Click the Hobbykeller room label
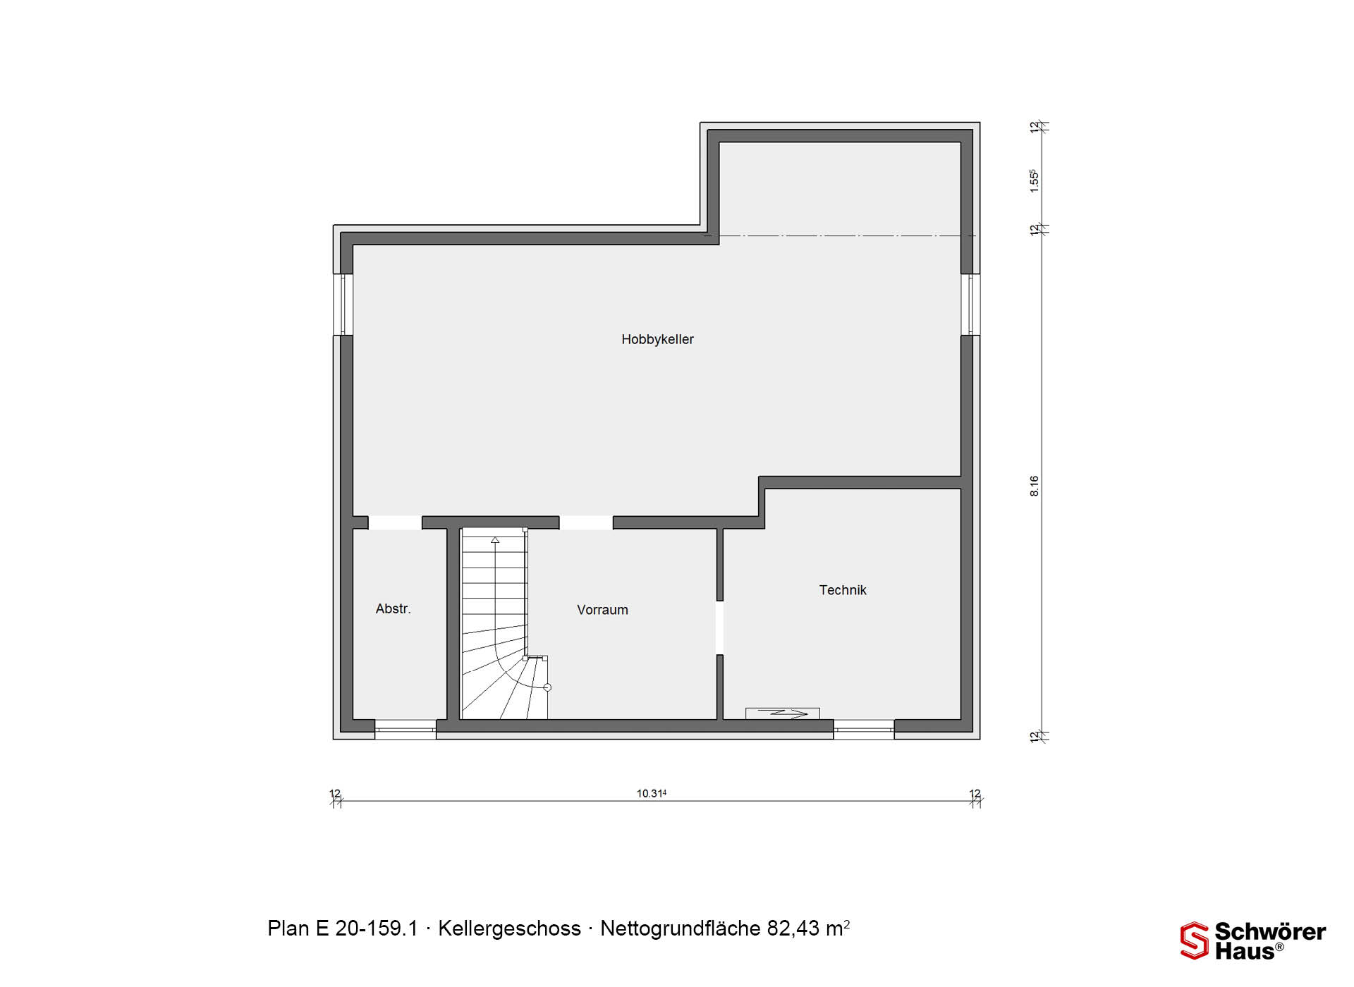[x=657, y=340]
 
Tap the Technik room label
[x=843, y=590]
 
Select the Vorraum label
[x=602, y=610]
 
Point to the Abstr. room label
[x=393, y=608]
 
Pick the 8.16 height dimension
[x=1034, y=486]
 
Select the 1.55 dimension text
[x=1034, y=180]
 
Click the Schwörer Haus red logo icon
[x=1195, y=940]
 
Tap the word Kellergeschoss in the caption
[x=509, y=928]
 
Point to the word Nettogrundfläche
[x=681, y=928]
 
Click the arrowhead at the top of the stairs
[x=495, y=540]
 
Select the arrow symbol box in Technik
[x=783, y=713]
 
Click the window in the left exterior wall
[x=343, y=305]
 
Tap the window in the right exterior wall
[x=970, y=305]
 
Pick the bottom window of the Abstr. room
[x=405, y=730]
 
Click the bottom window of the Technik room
[x=864, y=730]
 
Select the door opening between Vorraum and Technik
[x=719, y=627]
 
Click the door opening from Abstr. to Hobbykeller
[x=395, y=522]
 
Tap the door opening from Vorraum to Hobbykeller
[x=586, y=522]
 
